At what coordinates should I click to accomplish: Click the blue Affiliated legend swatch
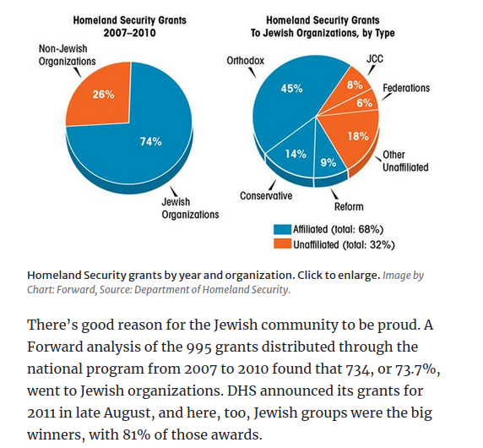click(x=282, y=229)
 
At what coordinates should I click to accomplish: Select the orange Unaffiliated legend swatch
click(x=282, y=244)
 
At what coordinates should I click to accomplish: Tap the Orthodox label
click(x=246, y=60)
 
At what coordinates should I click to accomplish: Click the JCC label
click(x=375, y=58)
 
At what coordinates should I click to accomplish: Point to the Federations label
click(x=406, y=88)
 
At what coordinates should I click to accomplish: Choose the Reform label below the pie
click(x=349, y=206)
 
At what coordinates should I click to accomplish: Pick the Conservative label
click(x=266, y=196)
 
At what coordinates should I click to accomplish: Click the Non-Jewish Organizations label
click(x=68, y=55)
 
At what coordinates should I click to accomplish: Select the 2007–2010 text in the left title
click(x=130, y=33)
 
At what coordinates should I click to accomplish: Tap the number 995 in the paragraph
click(x=198, y=347)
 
